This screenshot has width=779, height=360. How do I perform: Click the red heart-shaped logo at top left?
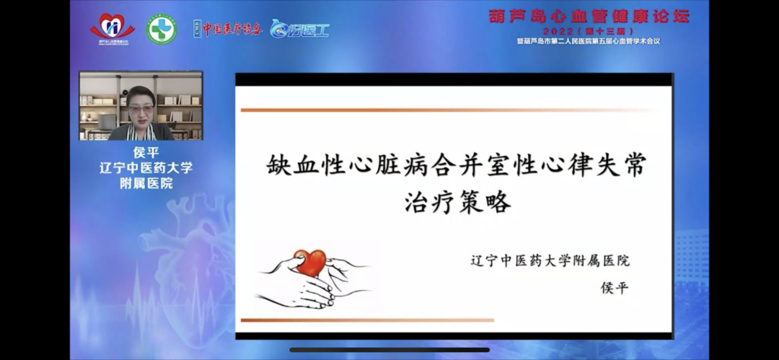pos(112,28)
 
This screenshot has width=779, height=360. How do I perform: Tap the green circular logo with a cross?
pos(162,30)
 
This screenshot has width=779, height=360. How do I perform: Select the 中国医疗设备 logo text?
pos(228,29)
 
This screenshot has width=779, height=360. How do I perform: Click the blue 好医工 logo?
pos(299,29)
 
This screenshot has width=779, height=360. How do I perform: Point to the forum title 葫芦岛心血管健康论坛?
pos(589,16)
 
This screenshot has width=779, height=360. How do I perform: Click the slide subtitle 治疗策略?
pos(457,201)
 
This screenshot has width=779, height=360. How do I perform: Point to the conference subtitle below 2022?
pos(589,41)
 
